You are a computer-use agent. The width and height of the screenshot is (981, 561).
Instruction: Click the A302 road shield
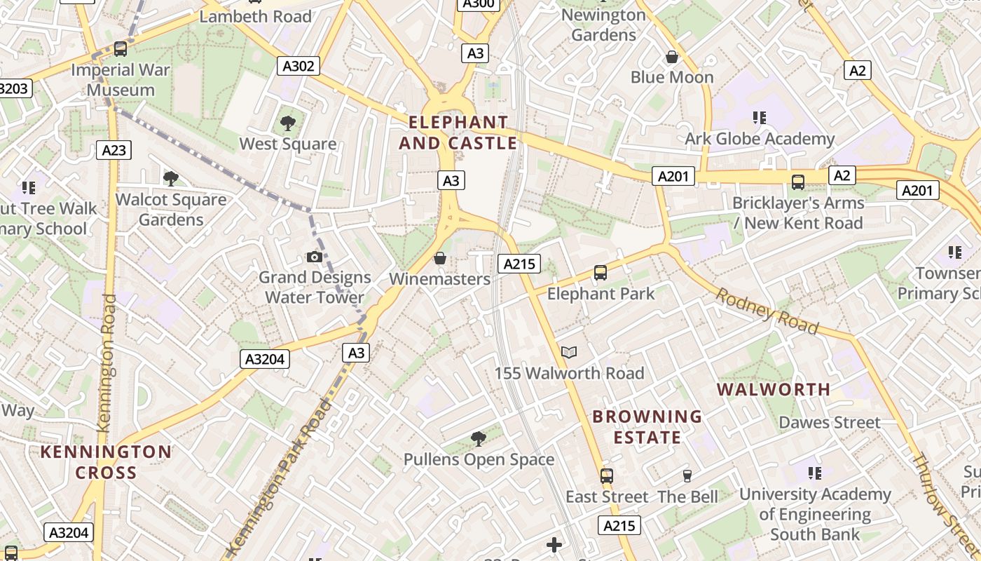tap(299, 67)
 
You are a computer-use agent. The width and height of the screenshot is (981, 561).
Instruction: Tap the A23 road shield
tap(114, 149)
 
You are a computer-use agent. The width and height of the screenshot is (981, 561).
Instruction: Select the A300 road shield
tap(479, 4)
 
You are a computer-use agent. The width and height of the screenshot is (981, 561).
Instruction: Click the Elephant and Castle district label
tap(458, 133)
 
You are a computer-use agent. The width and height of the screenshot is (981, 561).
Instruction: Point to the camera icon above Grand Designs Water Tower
tap(315, 257)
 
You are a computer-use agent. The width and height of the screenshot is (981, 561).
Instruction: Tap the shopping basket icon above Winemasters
tap(440, 259)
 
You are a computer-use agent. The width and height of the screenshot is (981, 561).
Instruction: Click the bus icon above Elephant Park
tap(601, 273)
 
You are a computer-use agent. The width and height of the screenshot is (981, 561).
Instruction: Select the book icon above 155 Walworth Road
tap(569, 353)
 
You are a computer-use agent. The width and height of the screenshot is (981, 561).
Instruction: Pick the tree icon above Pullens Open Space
tap(479, 440)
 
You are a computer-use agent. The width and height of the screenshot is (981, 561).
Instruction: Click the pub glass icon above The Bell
tap(687, 476)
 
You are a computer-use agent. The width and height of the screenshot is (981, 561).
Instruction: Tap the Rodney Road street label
tap(767, 311)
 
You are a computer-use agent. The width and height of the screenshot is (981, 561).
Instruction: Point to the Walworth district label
tap(774, 389)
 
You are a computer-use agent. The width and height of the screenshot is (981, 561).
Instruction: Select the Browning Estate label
tap(647, 427)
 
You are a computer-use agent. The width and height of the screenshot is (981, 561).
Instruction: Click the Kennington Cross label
tap(106, 462)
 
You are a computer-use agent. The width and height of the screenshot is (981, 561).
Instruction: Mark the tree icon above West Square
tap(287, 124)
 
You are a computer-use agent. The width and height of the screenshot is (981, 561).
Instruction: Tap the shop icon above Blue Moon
tap(672, 57)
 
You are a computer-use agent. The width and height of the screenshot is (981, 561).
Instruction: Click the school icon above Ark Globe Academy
tap(760, 118)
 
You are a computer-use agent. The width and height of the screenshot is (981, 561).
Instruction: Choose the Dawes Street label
tap(830, 422)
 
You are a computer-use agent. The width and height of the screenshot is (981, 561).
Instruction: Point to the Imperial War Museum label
tap(121, 79)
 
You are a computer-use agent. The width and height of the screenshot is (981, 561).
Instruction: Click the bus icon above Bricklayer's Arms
tap(797, 182)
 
